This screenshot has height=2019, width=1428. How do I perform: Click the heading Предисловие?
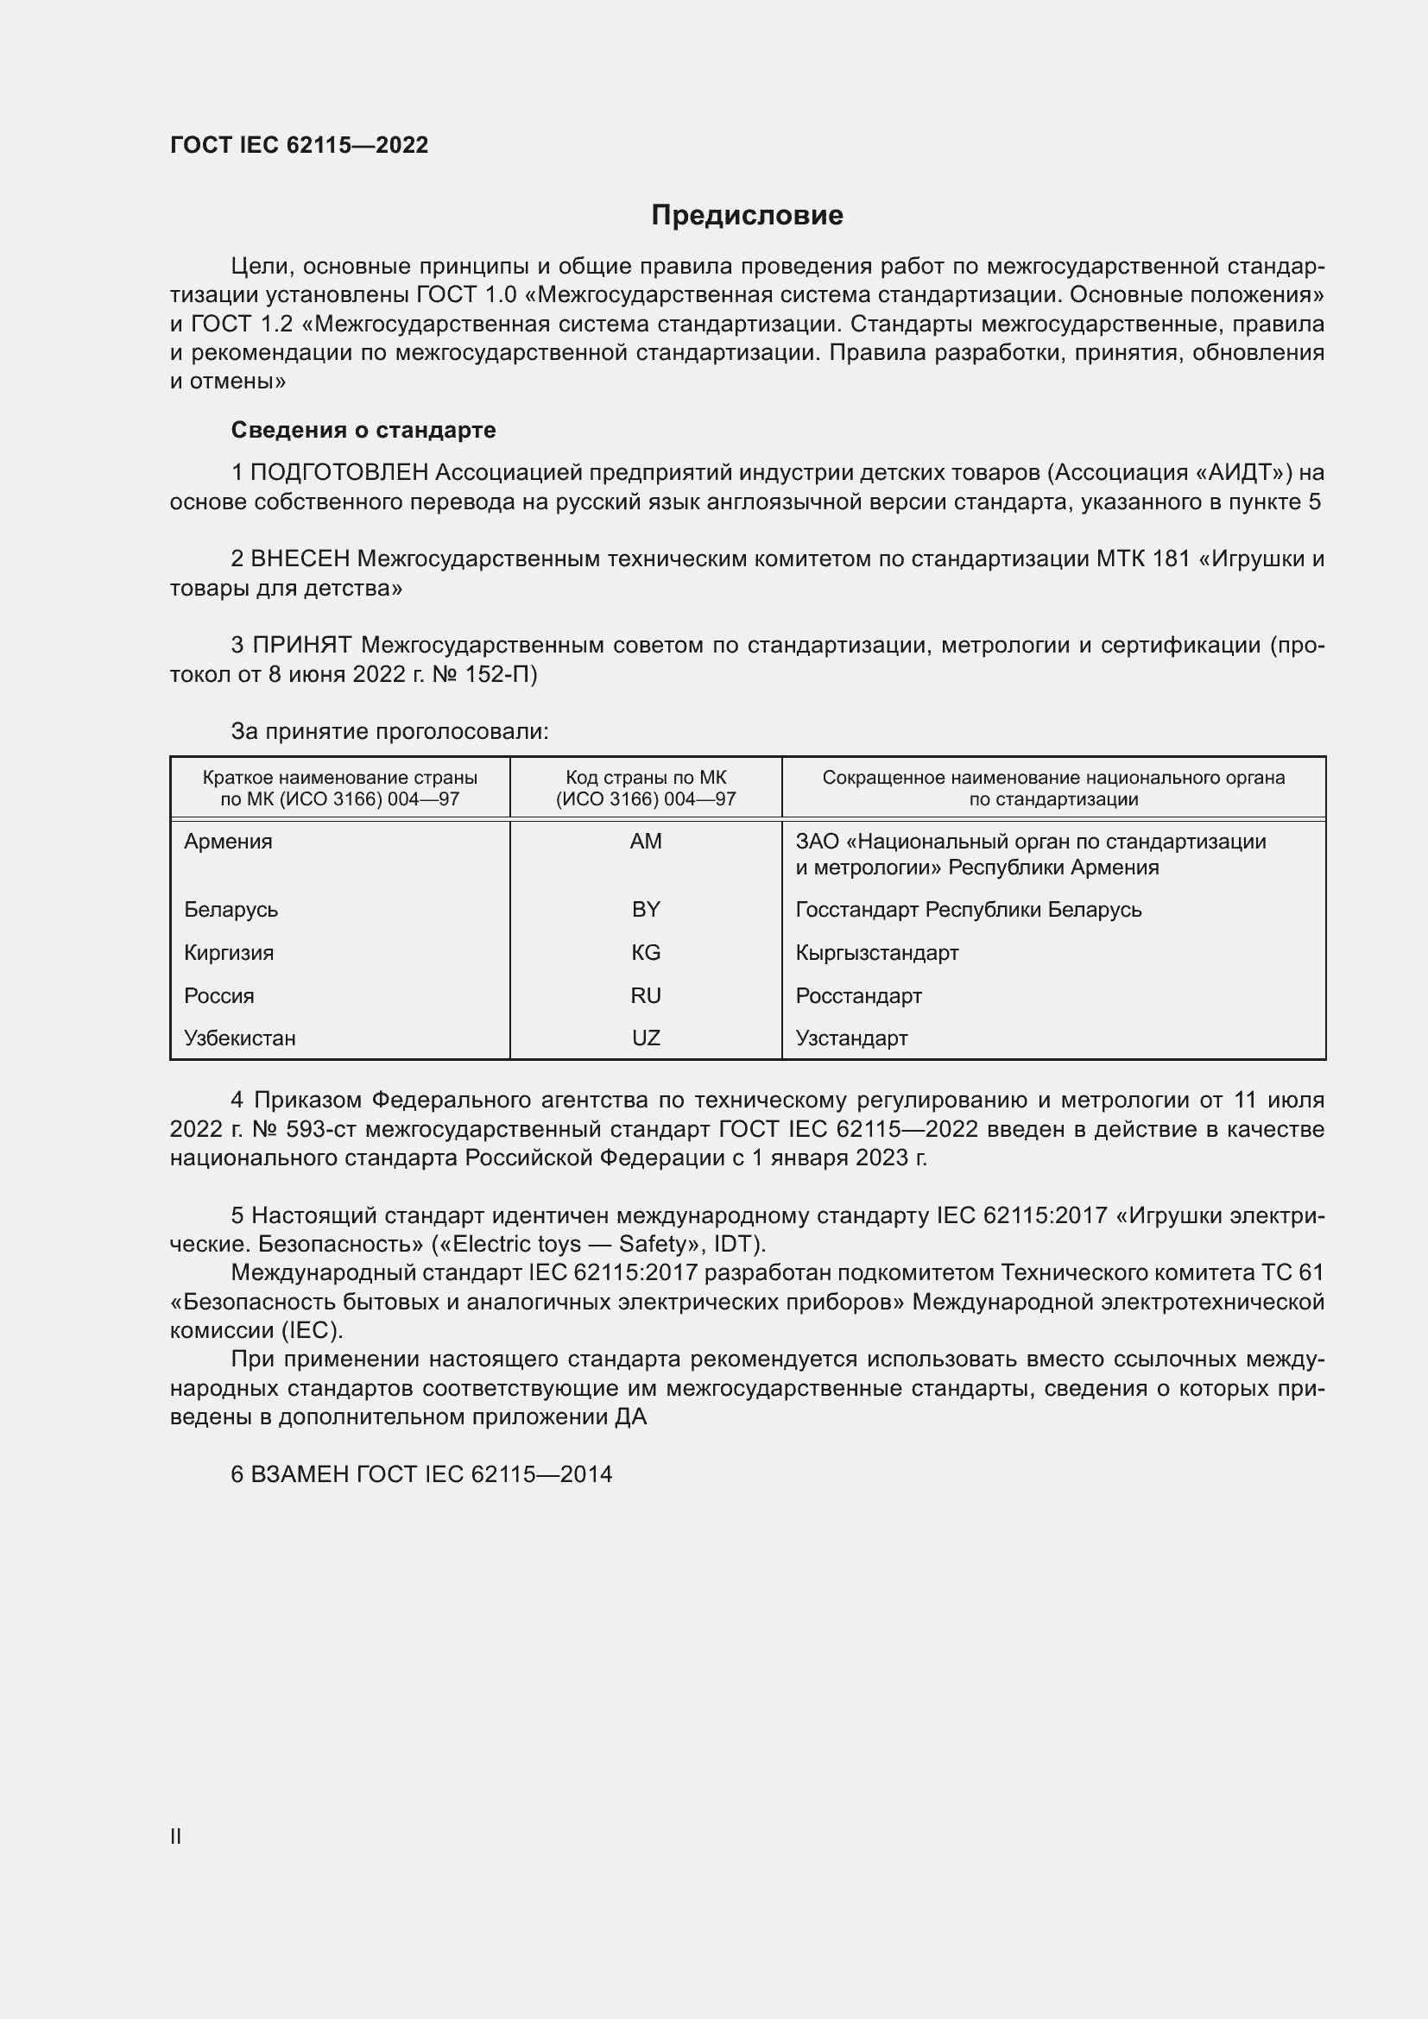(x=747, y=216)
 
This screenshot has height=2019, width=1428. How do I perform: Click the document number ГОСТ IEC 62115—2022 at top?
(x=299, y=145)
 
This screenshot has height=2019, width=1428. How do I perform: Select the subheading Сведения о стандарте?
(x=363, y=430)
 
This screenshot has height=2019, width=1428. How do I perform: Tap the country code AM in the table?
(x=646, y=842)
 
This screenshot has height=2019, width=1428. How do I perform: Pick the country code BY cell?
(x=646, y=909)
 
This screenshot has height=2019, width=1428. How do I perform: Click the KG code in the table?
(x=646, y=952)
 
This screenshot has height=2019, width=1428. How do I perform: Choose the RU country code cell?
(x=646, y=995)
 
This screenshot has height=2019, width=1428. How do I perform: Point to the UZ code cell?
(x=646, y=1038)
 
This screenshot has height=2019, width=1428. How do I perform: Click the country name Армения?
(x=229, y=842)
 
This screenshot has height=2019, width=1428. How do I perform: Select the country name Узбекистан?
(x=240, y=1038)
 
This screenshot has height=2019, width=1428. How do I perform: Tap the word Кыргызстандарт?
(x=876, y=952)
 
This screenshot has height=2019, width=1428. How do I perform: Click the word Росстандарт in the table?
(x=858, y=995)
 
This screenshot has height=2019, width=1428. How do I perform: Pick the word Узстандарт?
(x=851, y=1038)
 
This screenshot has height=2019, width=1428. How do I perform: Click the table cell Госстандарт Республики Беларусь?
(x=968, y=909)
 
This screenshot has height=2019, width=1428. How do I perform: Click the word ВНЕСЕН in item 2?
(x=300, y=559)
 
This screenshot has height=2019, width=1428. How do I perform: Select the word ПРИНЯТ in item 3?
(x=302, y=646)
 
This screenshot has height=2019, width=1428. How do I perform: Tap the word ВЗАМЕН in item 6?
(x=300, y=1474)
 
